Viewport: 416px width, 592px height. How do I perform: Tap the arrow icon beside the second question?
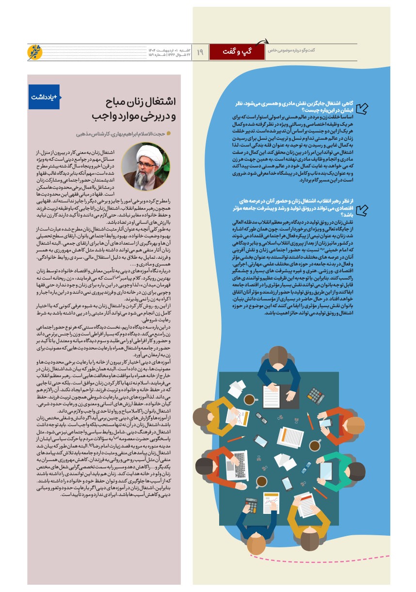pyautogui.click(x=362, y=210)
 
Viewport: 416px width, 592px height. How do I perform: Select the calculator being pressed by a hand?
pyautogui.click(x=252, y=505)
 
